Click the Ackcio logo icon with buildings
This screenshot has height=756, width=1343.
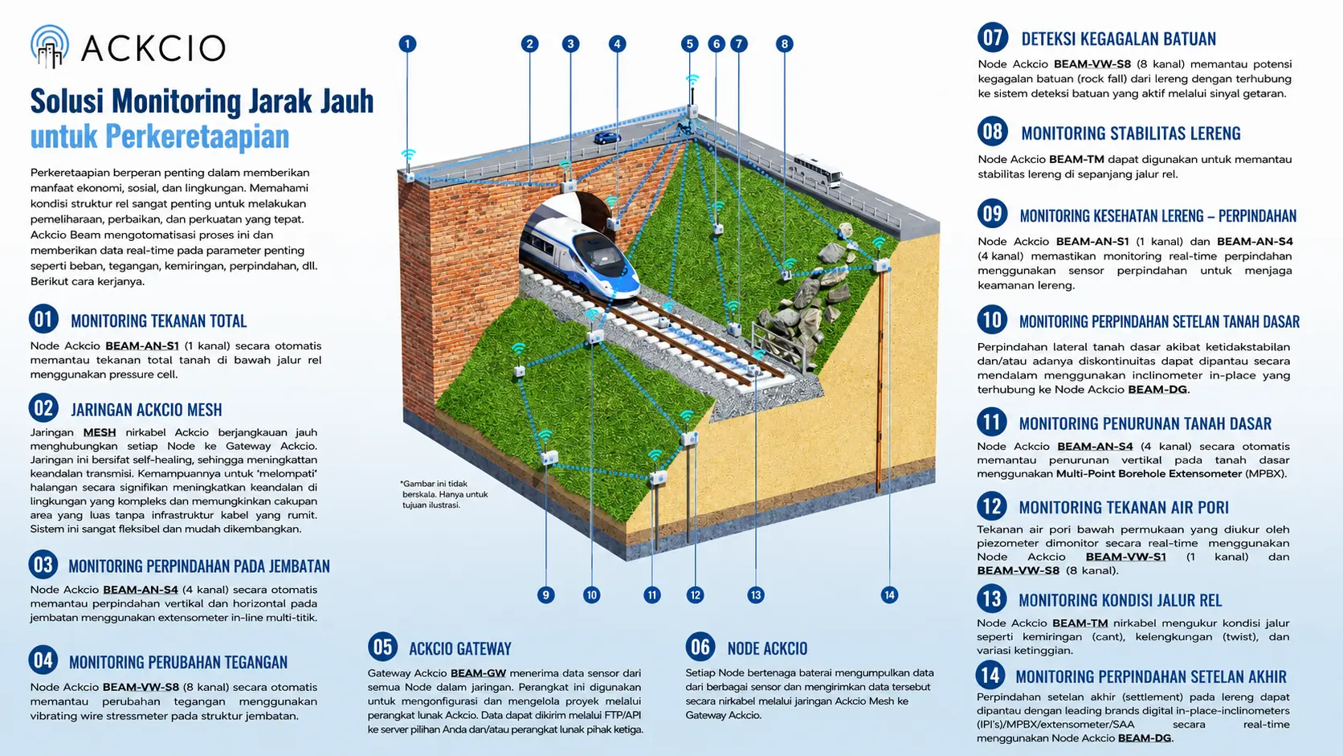(x=50, y=46)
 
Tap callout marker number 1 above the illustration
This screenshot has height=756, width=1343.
(x=407, y=43)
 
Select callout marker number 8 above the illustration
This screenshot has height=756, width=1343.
(x=784, y=43)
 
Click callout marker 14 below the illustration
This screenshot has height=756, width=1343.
(x=889, y=595)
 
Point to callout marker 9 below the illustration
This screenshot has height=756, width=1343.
(x=545, y=595)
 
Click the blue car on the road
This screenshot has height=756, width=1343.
(x=606, y=138)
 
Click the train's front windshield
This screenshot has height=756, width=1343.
(x=600, y=254)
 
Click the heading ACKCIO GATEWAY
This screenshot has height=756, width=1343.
(x=460, y=648)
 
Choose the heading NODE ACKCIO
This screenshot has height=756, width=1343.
(x=767, y=648)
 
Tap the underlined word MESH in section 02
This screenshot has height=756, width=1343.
(x=100, y=432)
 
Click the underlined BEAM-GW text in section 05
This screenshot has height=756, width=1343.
(x=478, y=673)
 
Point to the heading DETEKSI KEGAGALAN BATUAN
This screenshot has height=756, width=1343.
(x=1119, y=39)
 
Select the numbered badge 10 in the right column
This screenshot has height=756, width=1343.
(x=992, y=320)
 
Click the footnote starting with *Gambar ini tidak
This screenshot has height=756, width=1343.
(x=444, y=494)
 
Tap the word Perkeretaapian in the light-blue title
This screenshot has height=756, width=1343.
(x=198, y=137)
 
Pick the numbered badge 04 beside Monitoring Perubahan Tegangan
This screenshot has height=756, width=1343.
(x=43, y=660)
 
